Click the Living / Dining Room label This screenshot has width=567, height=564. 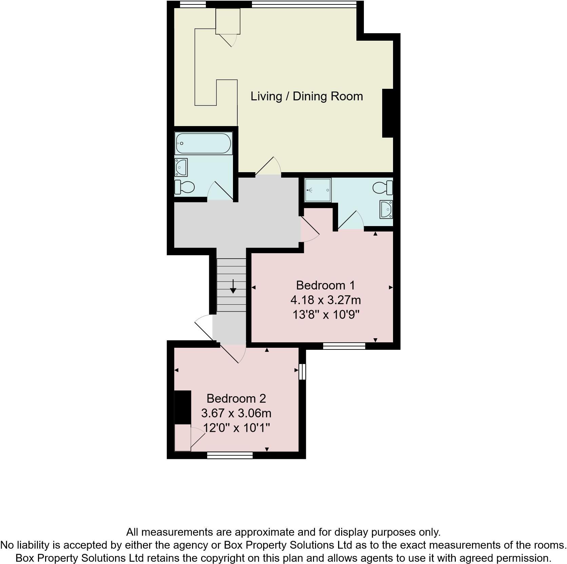point(307,96)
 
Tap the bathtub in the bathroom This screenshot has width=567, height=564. point(203,143)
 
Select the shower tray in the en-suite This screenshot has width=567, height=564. point(318,190)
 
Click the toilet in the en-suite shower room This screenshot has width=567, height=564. point(383,187)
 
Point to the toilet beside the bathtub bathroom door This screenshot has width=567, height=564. point(184,187)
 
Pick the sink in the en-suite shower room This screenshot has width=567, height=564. point(387,209)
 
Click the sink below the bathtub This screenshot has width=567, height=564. point(181,167)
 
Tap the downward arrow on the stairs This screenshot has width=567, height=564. point(233,287)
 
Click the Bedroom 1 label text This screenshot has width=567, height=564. point(325,285)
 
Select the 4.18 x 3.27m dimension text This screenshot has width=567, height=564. point(325,300)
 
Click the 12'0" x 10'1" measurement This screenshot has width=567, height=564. point(236,428)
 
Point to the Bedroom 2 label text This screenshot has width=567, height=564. point(236,399)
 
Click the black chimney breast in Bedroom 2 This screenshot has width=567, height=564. point(182,407)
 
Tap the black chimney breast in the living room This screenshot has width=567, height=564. point(388,113)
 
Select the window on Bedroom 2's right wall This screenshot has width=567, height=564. point(302,372)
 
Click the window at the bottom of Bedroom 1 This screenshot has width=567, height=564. point(344,346)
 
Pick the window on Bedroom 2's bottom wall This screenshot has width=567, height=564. point(230,455)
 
